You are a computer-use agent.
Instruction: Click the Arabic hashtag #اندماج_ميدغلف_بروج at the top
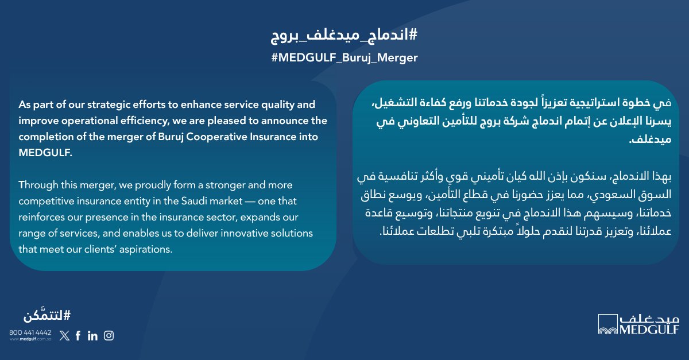[x=344, y=36]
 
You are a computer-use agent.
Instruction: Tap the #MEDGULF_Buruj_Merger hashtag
[x=344, y=58]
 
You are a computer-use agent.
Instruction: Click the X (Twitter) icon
[x=64, y=336]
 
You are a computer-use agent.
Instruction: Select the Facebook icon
[x=78, y=336]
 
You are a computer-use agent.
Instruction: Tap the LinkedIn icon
[x=92, y=336]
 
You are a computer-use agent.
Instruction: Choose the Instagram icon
[x=109, y=336]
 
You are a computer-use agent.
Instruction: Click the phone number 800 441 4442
[x=30, y=332]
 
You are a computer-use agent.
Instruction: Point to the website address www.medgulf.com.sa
[x=30, y=339]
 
